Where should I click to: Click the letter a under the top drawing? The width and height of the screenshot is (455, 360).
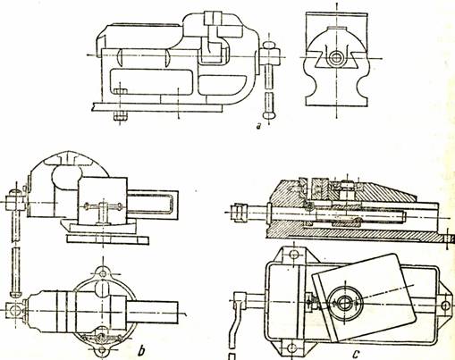pos(259,126)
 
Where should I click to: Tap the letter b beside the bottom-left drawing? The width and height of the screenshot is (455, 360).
pos(141,350)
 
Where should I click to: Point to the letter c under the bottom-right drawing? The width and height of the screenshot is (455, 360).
pos(357,354)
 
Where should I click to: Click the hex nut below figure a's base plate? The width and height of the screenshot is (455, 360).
pos(121,116)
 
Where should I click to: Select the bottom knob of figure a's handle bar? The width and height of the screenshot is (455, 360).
pos(269,114)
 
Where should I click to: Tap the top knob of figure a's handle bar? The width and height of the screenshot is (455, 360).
pos(269,45)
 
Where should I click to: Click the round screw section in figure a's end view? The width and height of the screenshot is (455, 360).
pos(337,58)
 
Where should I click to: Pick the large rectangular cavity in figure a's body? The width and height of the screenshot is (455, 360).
pos(150,81)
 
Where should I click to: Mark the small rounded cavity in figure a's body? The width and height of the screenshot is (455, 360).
pos(222,85)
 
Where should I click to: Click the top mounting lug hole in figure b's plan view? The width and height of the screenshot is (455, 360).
pos(103,273)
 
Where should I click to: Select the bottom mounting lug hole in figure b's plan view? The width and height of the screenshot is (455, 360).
pos(103,350)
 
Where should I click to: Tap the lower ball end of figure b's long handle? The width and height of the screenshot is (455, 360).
pos(16,293)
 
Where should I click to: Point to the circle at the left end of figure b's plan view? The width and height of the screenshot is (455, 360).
pos(14,310)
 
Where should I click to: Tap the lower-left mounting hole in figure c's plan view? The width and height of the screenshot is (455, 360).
pos(293,347)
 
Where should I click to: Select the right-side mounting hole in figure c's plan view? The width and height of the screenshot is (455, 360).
pos(445,306)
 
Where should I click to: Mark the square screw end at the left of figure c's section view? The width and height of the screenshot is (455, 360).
pos(241,213)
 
